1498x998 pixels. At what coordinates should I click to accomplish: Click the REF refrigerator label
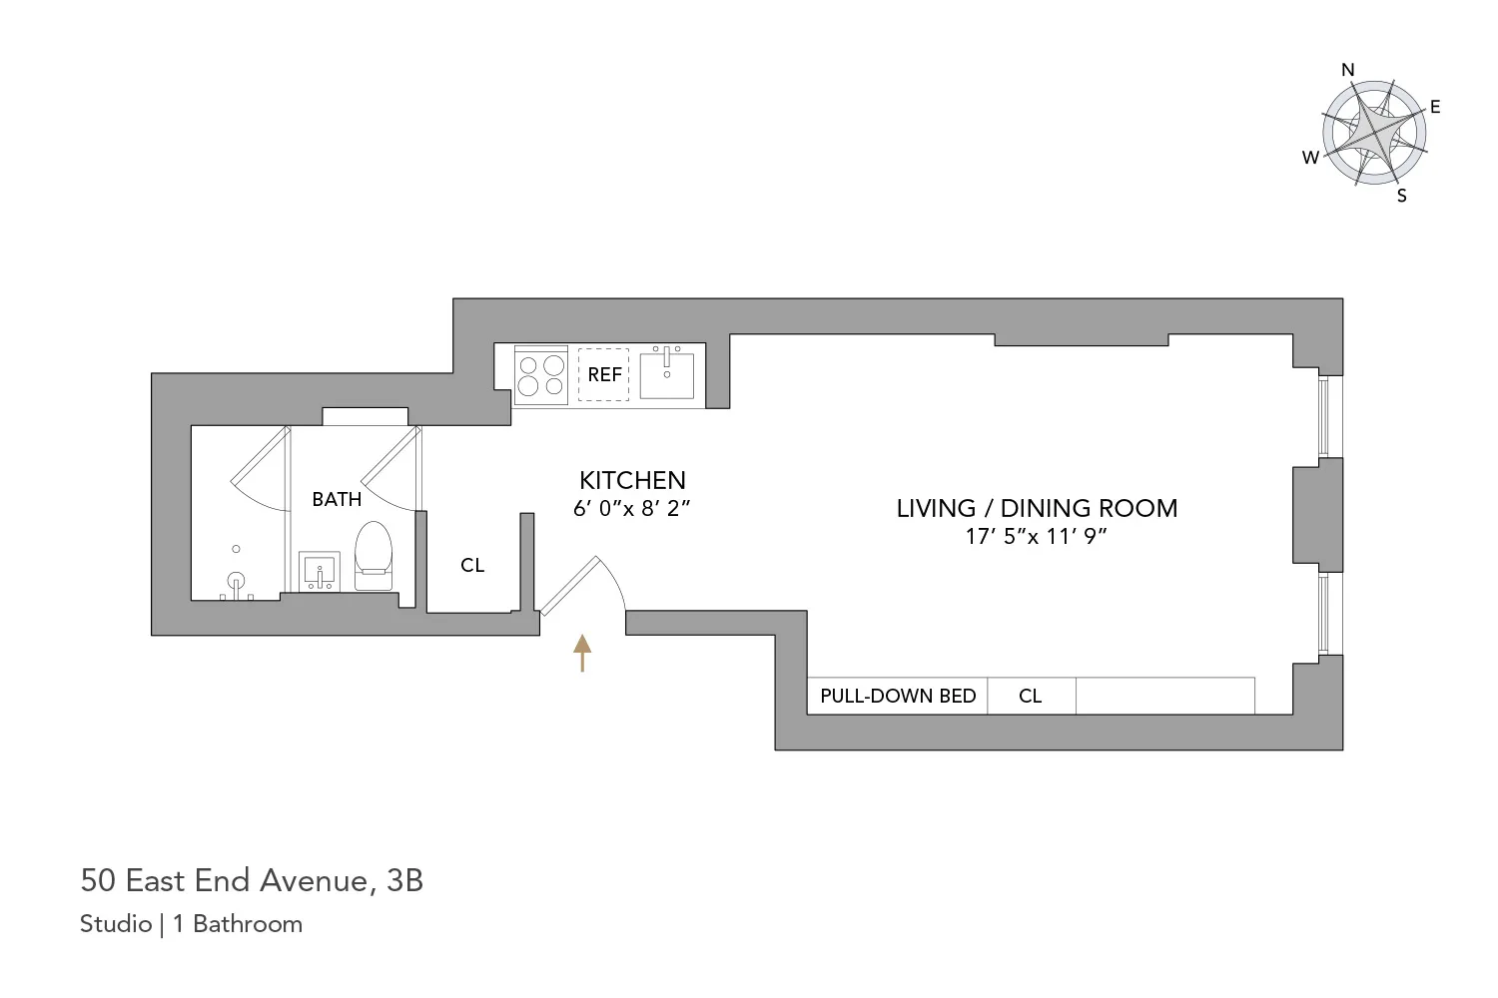click(x=604, y=374)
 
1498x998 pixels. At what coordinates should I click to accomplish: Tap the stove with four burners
click(x=541, y=376)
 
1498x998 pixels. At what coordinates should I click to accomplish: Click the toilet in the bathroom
click(x=374, y=548)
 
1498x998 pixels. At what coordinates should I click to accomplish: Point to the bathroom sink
click(x=321, y=572)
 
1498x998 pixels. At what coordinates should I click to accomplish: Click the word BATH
click(x=337, y=499)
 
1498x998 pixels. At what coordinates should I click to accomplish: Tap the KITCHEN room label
click(x=632, y=480)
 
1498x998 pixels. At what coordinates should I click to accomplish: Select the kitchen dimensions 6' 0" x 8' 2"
click(x=632, y=508)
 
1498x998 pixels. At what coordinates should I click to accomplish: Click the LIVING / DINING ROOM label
click(x=1037, y=508)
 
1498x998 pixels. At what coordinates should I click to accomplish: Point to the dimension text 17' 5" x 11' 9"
click(x=1037, y=536)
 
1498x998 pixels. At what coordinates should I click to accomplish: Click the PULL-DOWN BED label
click(x=898, y=696)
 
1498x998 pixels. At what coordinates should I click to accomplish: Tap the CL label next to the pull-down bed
click(x=1031, y=696)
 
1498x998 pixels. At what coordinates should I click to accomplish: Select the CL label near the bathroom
click(x=472, y=566)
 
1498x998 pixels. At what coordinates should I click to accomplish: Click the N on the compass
click(x=1348, y=70)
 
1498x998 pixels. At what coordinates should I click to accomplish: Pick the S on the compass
click(x=1402, y=196)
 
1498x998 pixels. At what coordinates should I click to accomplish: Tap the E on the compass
click(x=1435, y=107)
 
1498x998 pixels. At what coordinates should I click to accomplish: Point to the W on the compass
click(x=1310, y=158)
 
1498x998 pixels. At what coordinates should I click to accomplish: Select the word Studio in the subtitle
click(x=116, y=924)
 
